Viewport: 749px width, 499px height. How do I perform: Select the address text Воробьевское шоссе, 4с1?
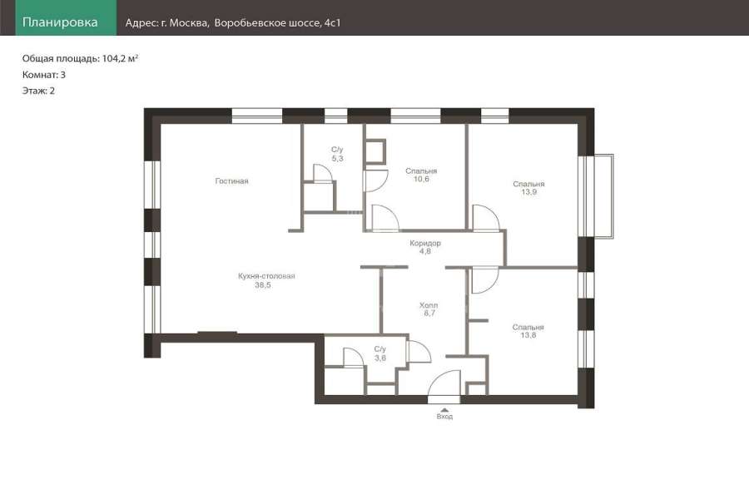(277, 23)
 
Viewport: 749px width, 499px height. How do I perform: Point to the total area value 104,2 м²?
(120, 59)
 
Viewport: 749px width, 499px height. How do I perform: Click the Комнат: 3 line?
(44, 75)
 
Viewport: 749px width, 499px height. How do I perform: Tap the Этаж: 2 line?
(38, 91)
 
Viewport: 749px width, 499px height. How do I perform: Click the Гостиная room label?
(231, 181)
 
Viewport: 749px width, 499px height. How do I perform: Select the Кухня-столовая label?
(266, 275)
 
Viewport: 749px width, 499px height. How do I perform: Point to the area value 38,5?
(263, 285)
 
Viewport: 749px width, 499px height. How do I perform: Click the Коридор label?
(425, 243)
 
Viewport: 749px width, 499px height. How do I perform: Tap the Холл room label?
(429, 305)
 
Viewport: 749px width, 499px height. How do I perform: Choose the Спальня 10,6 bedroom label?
(421, 175)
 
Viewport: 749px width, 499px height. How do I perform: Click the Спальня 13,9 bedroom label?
(528, 188)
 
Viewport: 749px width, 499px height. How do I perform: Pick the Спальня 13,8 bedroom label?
(528, 331)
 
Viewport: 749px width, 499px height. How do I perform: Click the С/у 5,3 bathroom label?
(337, 154)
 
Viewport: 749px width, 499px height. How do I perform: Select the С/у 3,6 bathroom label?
(380, 353)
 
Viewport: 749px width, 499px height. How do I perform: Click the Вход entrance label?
(444, 417)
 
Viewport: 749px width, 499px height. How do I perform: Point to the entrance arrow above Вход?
(444, 410)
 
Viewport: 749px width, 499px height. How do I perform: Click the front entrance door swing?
(444, 386)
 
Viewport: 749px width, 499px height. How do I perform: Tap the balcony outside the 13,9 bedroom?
(604, 196)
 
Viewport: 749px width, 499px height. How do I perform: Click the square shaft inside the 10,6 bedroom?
(374, 151)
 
